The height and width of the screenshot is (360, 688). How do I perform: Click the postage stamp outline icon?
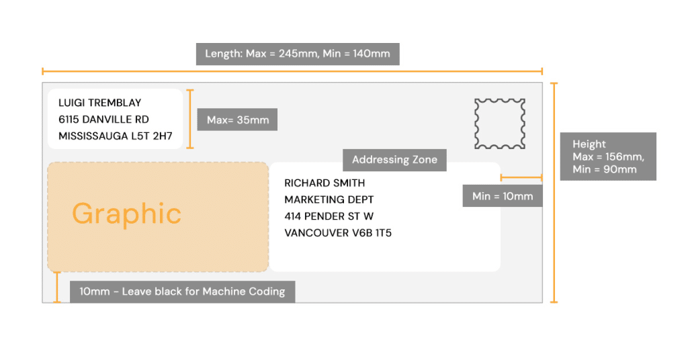[500, 124]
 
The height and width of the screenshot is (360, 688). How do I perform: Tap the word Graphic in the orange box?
[126, 214]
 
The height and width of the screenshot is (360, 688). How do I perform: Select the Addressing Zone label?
[394, 160]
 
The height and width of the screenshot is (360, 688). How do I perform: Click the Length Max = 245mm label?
[298, 54]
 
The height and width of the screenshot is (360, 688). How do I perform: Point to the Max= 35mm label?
[237, 120]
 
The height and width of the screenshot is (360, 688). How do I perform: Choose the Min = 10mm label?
[503, 196]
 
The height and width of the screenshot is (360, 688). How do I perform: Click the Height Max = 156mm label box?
[608, 156]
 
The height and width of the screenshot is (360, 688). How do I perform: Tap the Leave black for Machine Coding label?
[182, 291]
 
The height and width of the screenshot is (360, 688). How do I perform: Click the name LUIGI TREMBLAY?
[100, 103]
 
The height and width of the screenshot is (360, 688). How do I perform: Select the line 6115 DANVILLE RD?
[103, 119]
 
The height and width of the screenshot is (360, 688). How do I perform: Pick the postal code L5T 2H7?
[155, 136]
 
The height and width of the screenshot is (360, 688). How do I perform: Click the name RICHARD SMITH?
[325, 183]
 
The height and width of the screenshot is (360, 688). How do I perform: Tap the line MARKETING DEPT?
[329, 199]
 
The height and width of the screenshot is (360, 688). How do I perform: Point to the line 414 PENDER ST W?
[329, 216]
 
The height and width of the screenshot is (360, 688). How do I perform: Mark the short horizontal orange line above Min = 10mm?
[521, 178]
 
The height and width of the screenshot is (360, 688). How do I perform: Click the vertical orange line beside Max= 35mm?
[191, 119]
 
